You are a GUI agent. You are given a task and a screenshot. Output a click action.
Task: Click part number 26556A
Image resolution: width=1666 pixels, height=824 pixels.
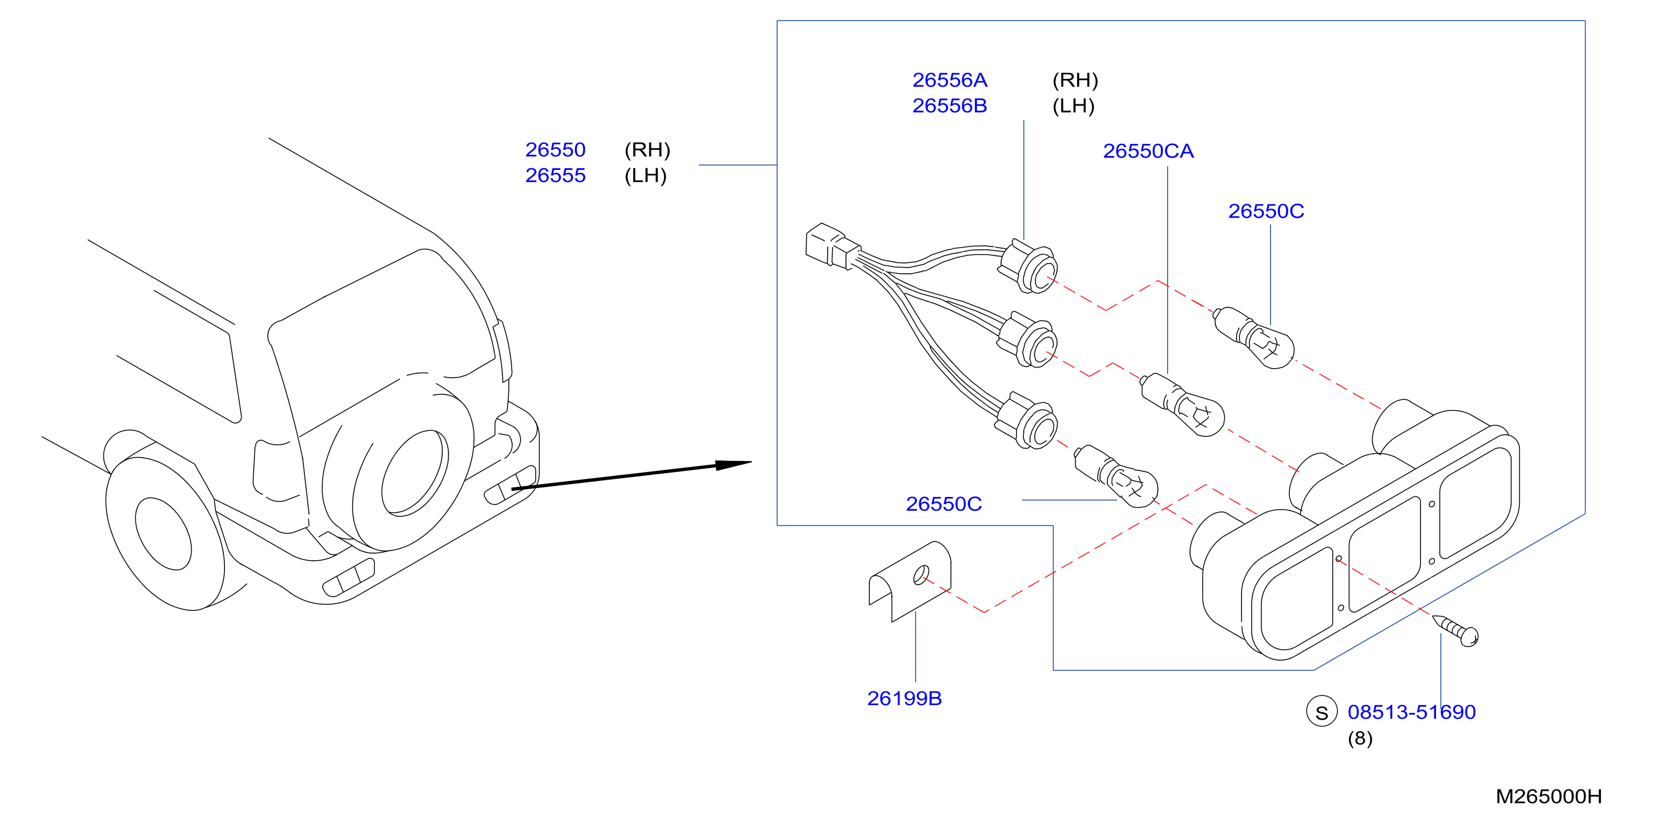point(949,80)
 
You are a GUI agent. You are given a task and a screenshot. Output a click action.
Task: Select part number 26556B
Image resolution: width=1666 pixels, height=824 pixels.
point(949,106)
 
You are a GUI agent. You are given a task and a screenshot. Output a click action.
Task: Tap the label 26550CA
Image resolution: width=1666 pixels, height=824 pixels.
point(1148,151)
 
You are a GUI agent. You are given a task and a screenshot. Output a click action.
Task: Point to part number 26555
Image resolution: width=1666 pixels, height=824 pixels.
point(555,176)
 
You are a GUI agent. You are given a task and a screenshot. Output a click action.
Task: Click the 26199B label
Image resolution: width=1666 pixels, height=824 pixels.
point(904,699)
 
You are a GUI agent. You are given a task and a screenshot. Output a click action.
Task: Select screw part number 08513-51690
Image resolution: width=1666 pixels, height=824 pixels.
point(1411,712)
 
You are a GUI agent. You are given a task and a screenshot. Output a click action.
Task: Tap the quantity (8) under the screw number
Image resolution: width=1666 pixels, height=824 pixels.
point(1360,738)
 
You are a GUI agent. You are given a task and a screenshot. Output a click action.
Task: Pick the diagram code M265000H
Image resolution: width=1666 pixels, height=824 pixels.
point(1548,797)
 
